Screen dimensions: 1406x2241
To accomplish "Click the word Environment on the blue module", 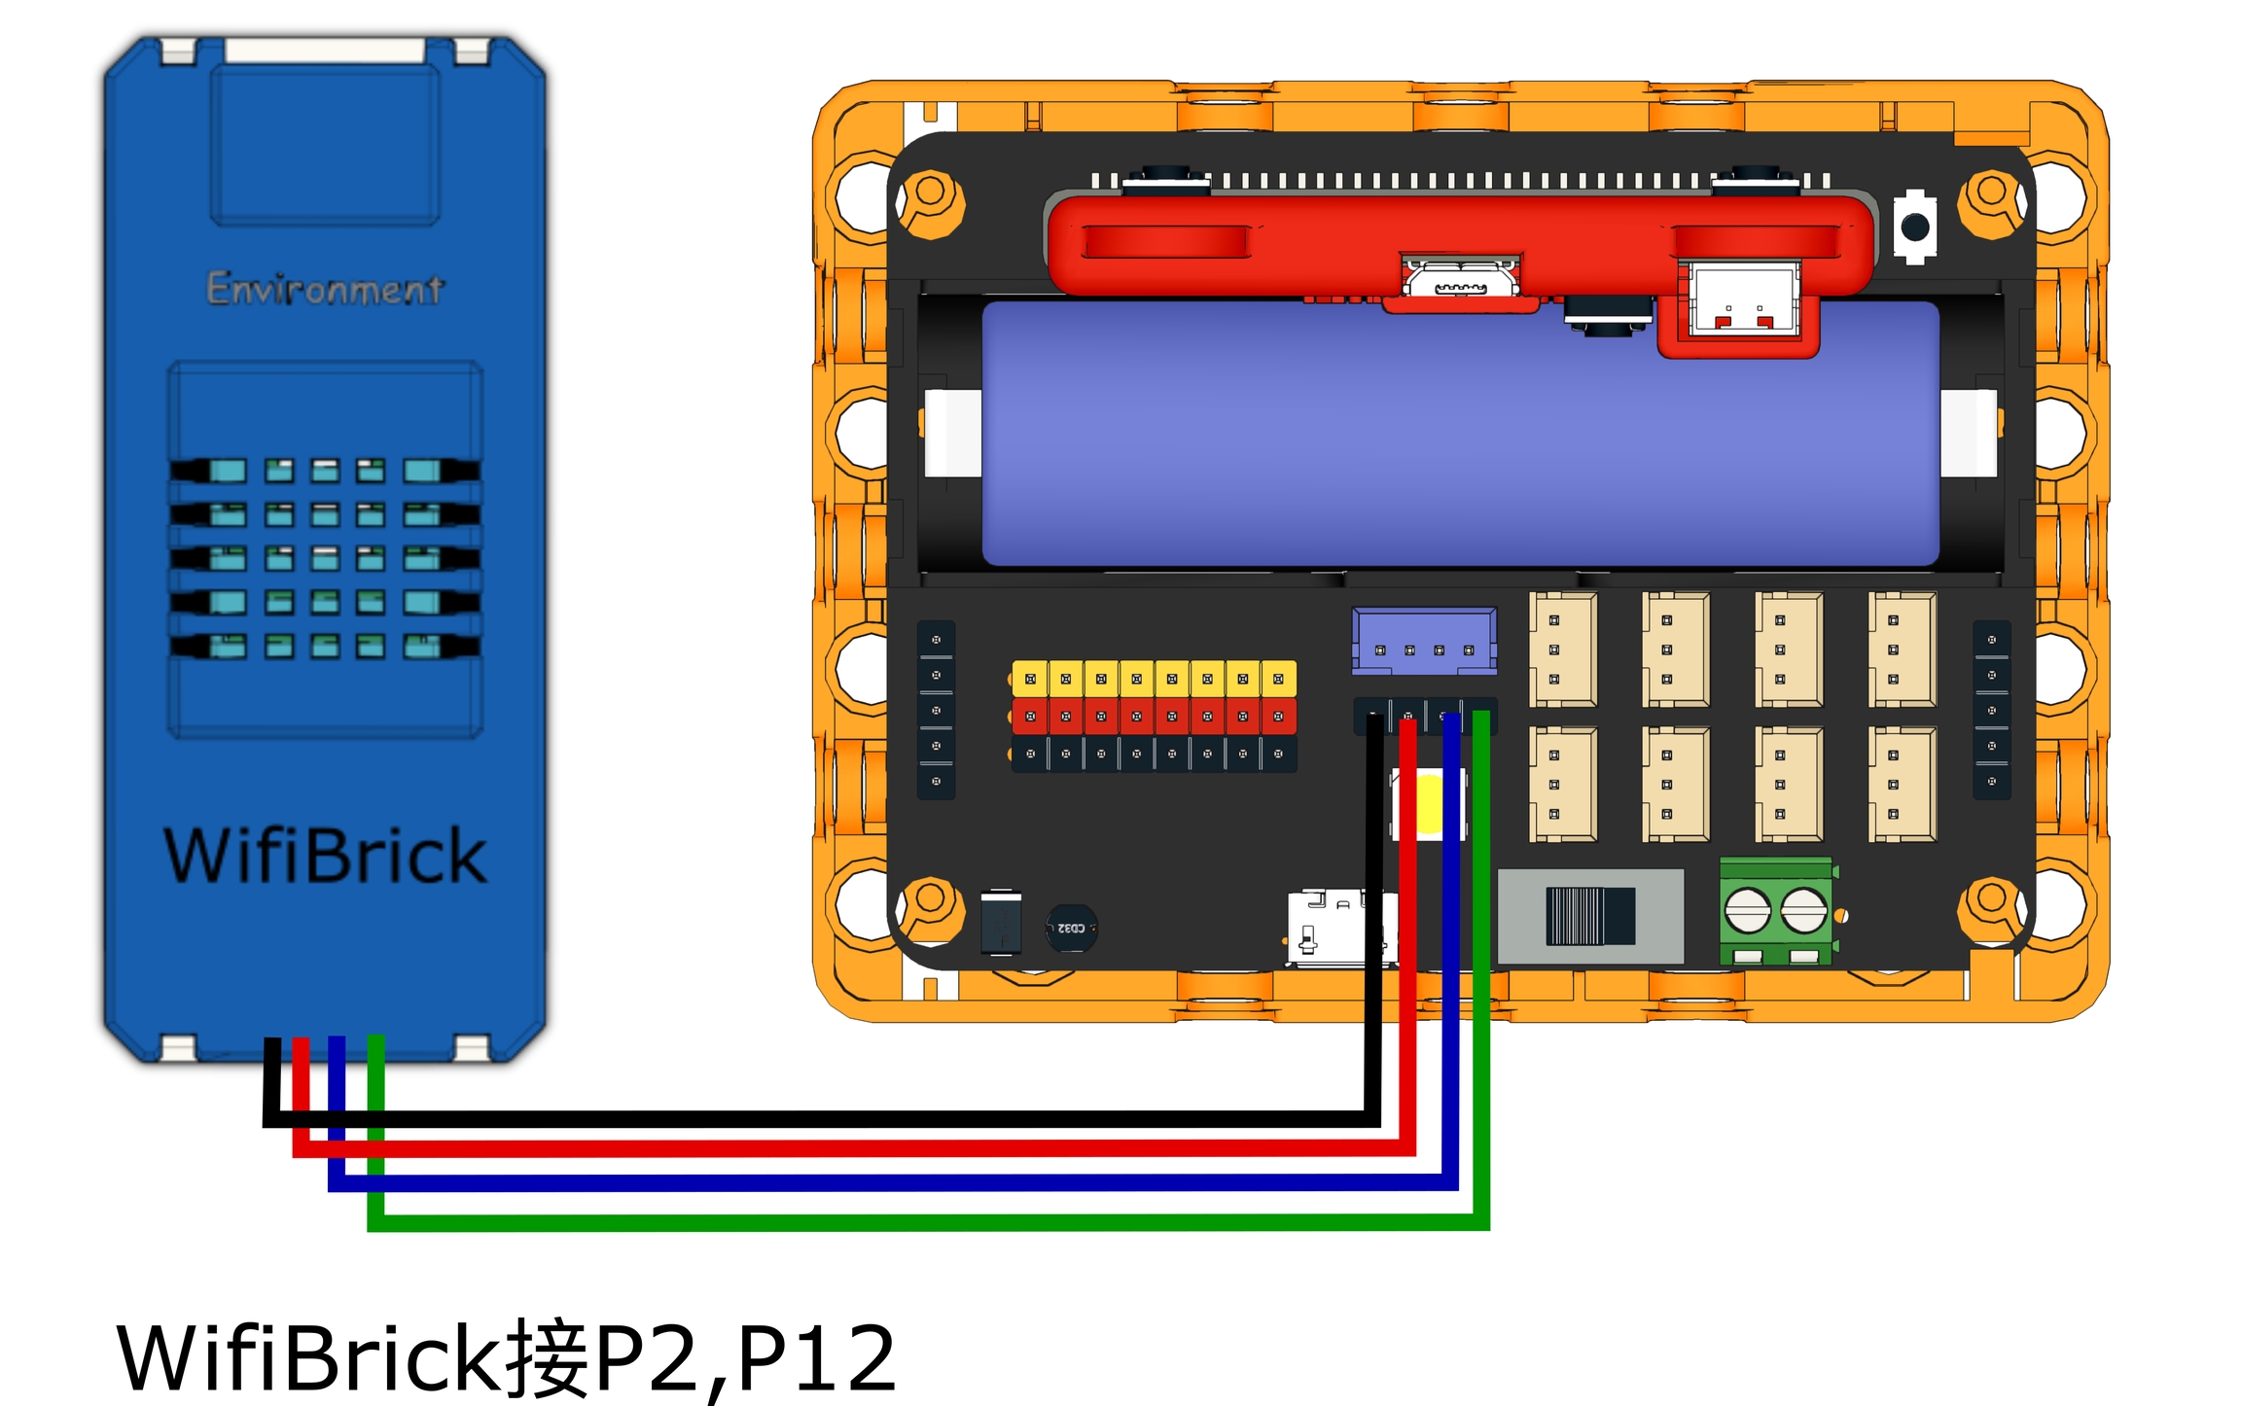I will (325, 289).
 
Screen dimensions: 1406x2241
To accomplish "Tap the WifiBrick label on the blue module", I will (325, 856).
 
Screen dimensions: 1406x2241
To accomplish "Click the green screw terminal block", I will (1776, 911).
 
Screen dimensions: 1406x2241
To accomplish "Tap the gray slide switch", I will (1590, 916).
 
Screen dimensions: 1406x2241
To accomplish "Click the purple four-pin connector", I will (1424, 641).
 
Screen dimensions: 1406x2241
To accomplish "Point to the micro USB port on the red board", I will (1460, 281).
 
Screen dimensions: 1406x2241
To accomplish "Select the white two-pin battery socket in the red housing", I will (1744, 300).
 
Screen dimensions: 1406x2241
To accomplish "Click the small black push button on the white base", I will (1914, 227).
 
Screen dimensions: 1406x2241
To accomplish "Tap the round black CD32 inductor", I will (1071, 929).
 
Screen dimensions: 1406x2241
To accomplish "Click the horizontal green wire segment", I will (924, 1222).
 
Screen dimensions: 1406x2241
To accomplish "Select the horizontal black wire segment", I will (827, 1119).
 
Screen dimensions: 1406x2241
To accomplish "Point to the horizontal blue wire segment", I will (875, 1182).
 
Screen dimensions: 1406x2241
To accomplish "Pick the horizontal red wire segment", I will (856, 1148).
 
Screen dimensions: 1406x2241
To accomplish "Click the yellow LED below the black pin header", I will (1429, 804).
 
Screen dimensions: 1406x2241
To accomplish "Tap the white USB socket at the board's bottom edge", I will (1337, 928).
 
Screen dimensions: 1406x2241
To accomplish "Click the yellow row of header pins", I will (1154, 678).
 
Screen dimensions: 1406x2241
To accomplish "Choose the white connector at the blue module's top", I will (325, 51).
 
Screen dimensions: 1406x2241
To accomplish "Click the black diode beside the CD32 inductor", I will (1001, 922).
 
